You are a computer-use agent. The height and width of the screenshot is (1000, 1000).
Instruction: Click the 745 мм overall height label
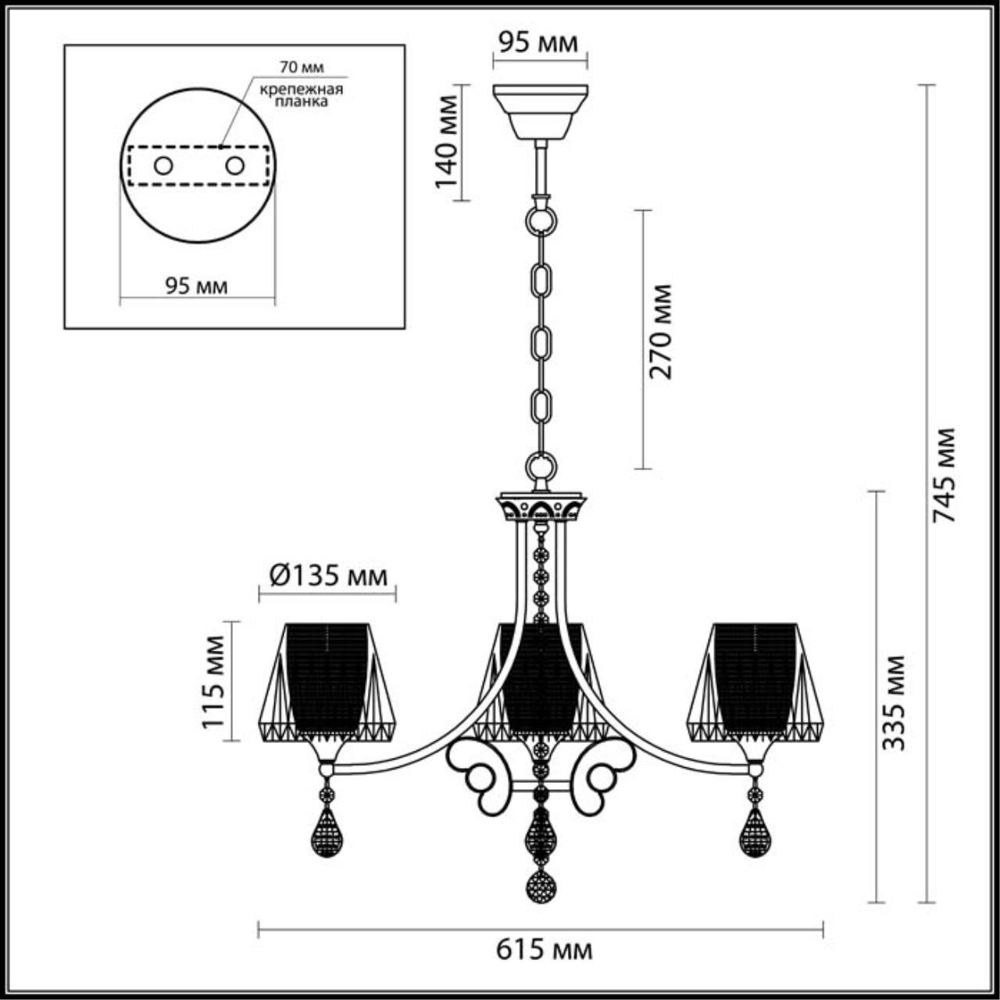click(x=945, y=475)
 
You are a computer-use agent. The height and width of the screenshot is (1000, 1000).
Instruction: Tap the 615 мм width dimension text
click(x=544, y=950)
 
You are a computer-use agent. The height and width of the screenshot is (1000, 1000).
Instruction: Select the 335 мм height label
click(x=895, y=702)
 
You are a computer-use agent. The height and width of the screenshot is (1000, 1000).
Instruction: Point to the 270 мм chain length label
click(x=661, y=331)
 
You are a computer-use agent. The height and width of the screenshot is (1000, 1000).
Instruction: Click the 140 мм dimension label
click(x=447, y=141)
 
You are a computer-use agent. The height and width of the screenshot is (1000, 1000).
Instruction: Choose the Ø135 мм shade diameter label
click(x=327, y=577)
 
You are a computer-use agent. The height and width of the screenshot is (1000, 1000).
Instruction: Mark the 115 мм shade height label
click(x=214, y=681)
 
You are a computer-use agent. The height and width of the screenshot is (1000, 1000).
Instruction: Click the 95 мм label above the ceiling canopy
click(x=539, y=42)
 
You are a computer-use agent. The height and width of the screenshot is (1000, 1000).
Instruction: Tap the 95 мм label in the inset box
click(x=196, y=286)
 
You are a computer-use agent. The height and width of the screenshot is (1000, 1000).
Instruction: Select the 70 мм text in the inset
click(x=302, y=68)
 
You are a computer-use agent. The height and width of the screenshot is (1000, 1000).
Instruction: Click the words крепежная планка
click(x=302, y=95)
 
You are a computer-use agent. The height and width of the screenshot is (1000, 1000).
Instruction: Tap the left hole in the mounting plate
click(x=163, y=166)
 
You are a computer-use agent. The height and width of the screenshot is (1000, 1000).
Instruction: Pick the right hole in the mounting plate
click(x=234, y=166)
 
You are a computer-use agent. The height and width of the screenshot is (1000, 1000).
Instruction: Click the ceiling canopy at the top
click(x=540, y=111)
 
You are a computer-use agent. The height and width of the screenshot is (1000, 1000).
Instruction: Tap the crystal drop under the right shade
click(x=755, y=833)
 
